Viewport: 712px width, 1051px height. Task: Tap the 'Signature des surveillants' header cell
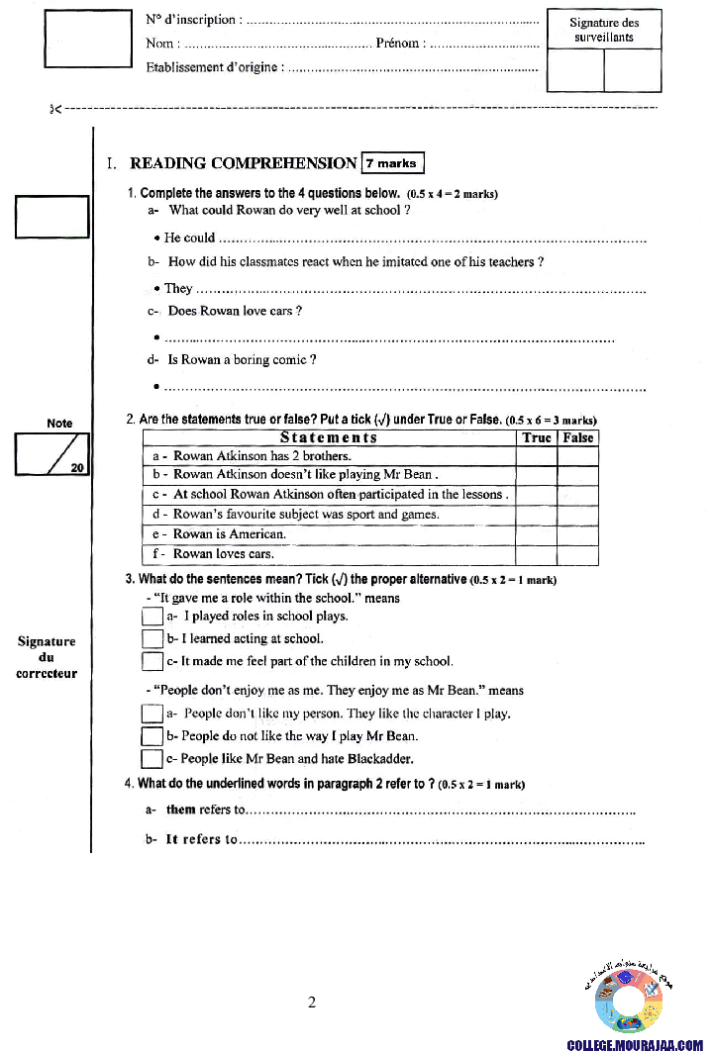click(x=604, y=30)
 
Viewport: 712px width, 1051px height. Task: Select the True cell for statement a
click(x=537, y=456)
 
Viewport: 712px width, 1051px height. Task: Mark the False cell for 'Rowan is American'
click(x=578, y=534)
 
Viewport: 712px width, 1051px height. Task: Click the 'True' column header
click(x=537, y=437)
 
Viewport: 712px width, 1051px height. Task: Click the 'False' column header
click(x=578, y=437)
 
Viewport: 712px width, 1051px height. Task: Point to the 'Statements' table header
click(x=329, y=437)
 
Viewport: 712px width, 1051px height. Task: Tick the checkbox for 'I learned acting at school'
click(x=153, y=639)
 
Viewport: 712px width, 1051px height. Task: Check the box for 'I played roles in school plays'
click(x=153, y=617)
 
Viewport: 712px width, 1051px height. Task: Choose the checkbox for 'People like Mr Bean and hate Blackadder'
click(x=153, y=759)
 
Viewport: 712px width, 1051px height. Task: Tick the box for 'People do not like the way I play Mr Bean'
click(x=153, y=736)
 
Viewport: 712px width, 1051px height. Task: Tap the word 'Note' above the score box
click(x=59, y=423)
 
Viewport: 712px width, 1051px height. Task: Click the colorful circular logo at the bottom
click(x=628, y=1001)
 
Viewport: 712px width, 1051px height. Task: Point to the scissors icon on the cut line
click(x=55, y=108)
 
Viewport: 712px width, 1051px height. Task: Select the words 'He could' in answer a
click(x=189, y=238)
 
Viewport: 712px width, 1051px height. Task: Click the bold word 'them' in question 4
click(x=181, y=810)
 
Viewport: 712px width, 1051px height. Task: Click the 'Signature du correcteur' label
click(x=47, y=657)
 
